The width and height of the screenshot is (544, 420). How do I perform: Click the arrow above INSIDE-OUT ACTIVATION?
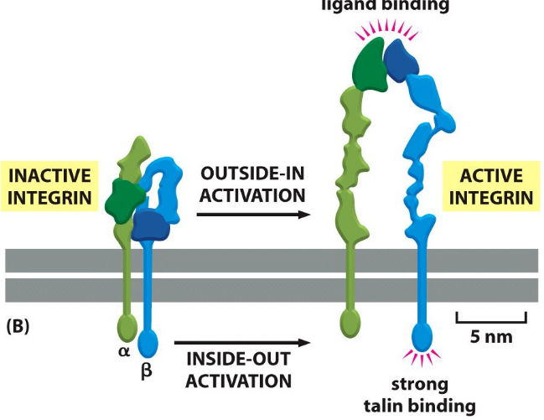click(x=242, y=342)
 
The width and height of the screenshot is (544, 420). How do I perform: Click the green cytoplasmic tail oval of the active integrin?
click(x=350, y=321)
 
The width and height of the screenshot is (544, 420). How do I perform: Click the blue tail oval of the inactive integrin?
click(x=148, y=342)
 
